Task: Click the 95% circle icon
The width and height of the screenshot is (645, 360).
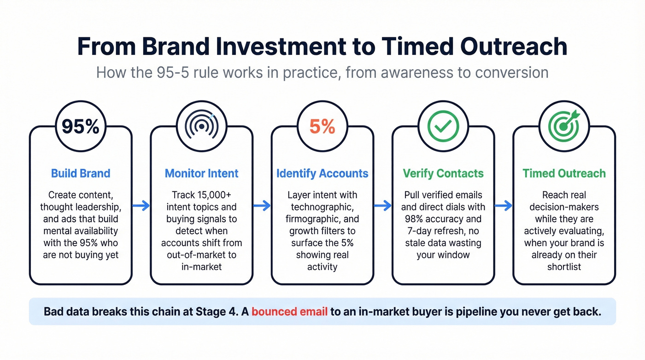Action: point(81,126)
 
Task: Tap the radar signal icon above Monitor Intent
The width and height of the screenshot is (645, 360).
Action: point(201,126)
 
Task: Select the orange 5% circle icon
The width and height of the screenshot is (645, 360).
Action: point(322,126)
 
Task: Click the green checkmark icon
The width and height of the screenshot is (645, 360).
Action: point(443,126)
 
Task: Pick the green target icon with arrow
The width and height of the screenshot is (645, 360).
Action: point(563,126)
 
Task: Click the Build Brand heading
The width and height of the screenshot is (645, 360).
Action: point(81,174)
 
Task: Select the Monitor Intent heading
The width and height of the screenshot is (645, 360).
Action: point(201,174)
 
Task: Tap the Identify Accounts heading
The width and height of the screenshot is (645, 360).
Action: point(322,174)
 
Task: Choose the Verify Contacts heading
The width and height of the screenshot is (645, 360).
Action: point(443,174)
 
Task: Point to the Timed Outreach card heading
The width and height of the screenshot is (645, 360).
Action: point(563,174)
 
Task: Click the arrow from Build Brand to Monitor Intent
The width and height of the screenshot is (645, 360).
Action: point(141,206)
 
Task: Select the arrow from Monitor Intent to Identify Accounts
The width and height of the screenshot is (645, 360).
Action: point(262,206)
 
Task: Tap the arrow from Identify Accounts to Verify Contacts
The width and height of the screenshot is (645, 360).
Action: point(382,206)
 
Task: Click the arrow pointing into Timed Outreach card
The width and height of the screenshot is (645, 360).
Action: point(503,206)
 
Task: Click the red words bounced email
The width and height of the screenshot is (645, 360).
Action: point(289,312)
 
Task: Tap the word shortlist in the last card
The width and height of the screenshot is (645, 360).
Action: point(563,267)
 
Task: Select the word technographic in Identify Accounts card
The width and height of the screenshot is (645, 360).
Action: point(322,207)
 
